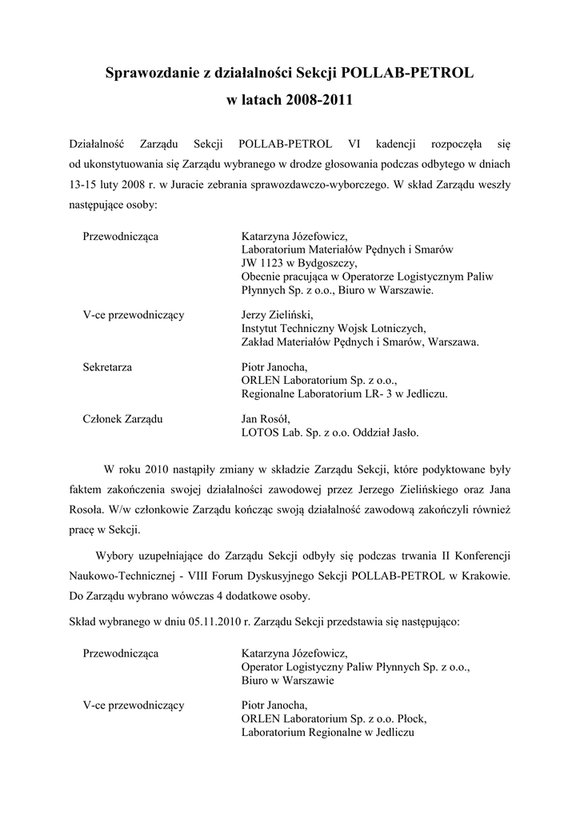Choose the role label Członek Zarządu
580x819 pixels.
[122, 419]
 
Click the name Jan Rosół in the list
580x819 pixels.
[265, 419]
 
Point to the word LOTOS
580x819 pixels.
[258, 433]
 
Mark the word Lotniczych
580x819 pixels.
[398, 328]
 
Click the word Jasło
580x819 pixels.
[402, 433]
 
